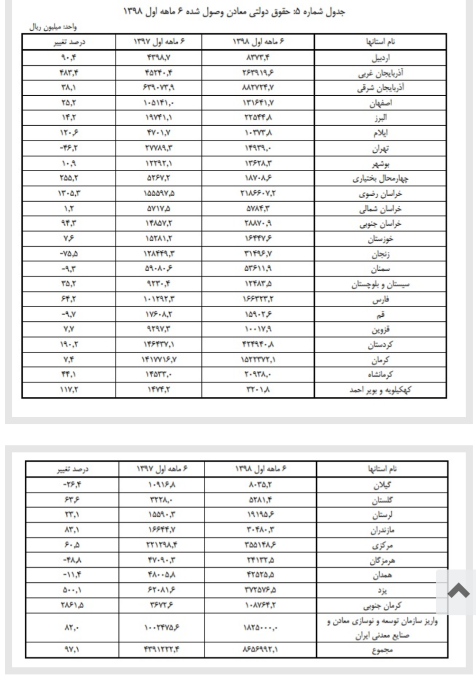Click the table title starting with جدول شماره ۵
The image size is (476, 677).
234,12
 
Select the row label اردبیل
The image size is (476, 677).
381,58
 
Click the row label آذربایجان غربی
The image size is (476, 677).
380,73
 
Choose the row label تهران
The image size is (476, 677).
381,149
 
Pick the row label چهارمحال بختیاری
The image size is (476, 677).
380,179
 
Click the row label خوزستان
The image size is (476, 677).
381,239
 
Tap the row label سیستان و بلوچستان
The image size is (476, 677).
380,284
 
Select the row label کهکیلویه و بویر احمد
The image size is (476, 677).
380,390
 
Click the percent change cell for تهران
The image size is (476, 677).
69,149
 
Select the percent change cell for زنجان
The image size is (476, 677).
69,255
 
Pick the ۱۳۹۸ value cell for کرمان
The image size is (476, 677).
258,360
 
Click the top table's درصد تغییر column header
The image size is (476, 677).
69,42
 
